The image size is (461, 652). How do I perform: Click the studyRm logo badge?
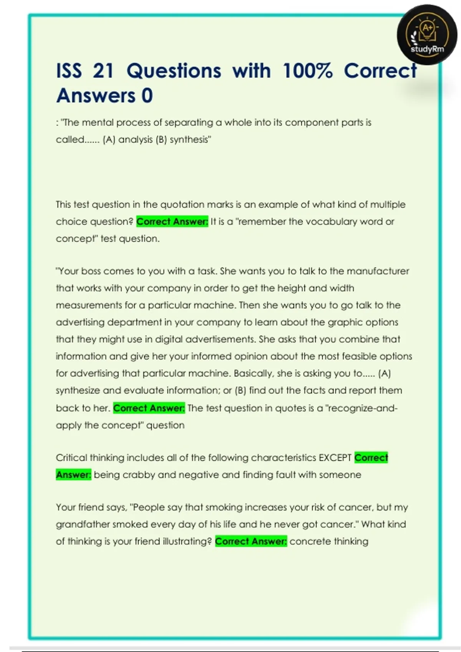pyautogui.click(x=427, y=35)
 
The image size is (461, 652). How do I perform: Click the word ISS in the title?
pyautogui.click(x=69, y=71)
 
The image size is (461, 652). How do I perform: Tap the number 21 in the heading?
pyautogui.click(x=103, y=71)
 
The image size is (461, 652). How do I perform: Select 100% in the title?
pyautogui.click(x=307, y=71)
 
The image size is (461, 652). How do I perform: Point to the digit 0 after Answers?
pyautogui.click(x=147, y=96)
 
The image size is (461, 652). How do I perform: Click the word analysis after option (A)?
pyautogui.click(x=135, y=140)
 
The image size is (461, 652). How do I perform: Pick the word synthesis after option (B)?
pyautogui.click(x=190, y=140)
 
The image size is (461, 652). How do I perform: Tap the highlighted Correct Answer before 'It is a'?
pyautogui.click(x=172, y=222)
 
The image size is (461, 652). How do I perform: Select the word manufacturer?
pyautogui.click(x=378, y=271)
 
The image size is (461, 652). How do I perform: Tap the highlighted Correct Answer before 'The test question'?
pyautogui.click(x=149, y=408)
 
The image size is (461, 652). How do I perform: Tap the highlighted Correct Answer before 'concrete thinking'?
pyautogui.click(x=251, y=542)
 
